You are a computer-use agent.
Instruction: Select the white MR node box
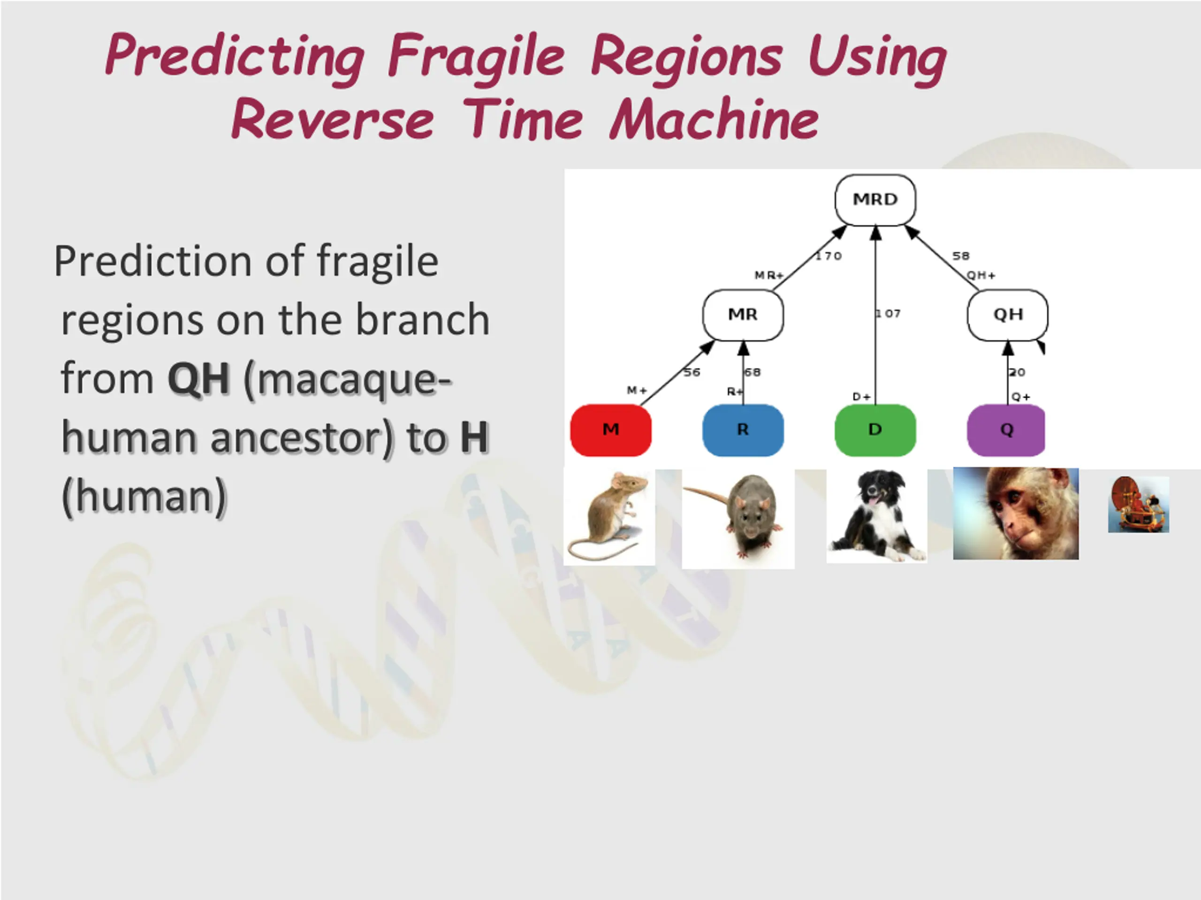click(743, 315)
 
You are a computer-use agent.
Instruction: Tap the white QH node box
click(1008, 315)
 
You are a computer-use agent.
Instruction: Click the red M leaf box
click(611, 430)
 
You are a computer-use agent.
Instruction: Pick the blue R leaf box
click(743, 430)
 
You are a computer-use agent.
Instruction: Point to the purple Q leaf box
click(1006, 430)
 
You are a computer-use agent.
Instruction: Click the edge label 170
click(829, 256)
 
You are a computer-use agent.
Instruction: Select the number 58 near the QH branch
click(960, 256)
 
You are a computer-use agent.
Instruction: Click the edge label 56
click(692, 372)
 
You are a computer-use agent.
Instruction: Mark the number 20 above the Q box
click(1017, 372)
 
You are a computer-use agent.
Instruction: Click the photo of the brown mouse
click(609, 517)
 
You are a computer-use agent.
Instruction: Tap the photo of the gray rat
click(738, 518)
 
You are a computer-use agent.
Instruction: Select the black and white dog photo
click(876, 516)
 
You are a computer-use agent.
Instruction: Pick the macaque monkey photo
click(1016, 513)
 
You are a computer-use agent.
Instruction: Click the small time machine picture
click(1139, 504)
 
